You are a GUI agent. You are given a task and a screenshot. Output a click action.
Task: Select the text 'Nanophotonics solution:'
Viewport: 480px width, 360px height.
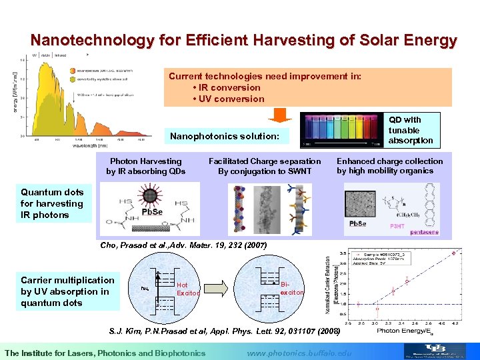pos(225,137)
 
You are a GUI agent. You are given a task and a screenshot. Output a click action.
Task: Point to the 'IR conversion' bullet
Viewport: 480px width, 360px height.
pos(226,88)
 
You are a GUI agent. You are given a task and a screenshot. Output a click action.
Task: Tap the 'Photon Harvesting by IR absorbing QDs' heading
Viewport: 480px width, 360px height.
pos(146,166)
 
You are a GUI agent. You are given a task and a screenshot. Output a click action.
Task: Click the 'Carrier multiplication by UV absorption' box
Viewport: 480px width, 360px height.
pos(67,291)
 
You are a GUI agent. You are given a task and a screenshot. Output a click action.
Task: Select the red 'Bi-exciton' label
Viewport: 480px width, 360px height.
pos(292,288)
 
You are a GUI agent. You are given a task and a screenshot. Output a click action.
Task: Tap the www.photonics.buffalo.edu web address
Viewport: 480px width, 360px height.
pos(298,352)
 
